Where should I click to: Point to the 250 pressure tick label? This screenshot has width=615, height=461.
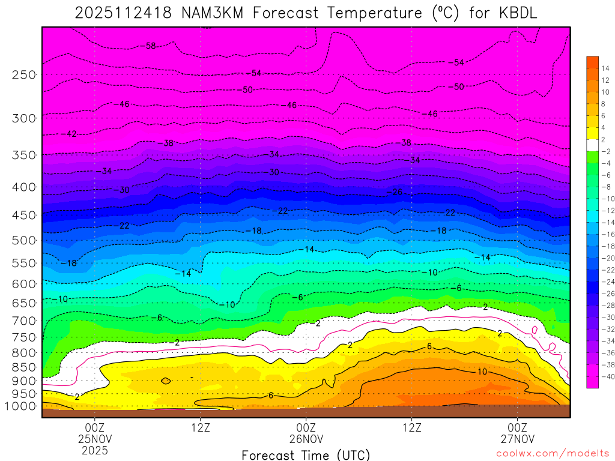pyautogui.click(x=24, y=74)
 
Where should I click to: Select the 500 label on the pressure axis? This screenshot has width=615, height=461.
pyautogui.click(x=24, y=240)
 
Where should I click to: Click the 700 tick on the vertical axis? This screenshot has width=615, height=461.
pyautogui.click(x=24, y=320)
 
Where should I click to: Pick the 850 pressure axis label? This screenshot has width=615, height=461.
pyautogui.click(x=24, y=367)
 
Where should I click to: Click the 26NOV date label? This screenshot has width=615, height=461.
pyautogui.click(x=306, y=438)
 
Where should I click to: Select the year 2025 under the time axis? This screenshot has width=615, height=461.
pyautogui.click(x=95, y=449)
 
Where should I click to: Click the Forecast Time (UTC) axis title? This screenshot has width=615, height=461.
pyautogui.click(x=306, y=455)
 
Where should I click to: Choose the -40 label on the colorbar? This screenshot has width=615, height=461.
pyautogui.click(x=606, y=376)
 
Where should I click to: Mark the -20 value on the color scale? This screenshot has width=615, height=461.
pyautogui.click(x=606, y=258)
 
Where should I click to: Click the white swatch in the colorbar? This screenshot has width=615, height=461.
pyautogui.click(x=593, y=145)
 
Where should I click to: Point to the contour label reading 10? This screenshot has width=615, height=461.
pyautogui.click(x=482, y=372)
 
